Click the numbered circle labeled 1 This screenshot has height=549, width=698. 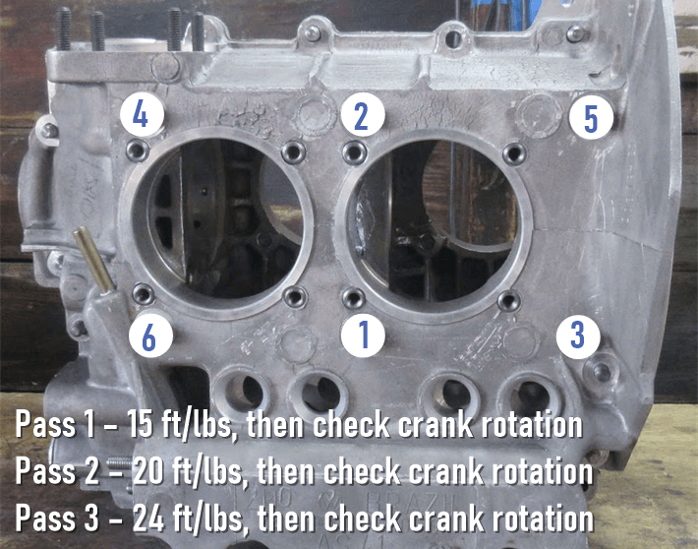[x=362, y=335]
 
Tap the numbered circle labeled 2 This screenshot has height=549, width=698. [x=361, y=116]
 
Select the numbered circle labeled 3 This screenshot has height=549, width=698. [x=577, y=335]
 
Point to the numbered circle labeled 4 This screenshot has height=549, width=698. [x=141, y=115]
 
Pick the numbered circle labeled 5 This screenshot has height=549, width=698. [x=590, y=118]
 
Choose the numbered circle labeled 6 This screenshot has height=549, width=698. [x=148, y=335]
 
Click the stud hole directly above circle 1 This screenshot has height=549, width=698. [x=354, y=297]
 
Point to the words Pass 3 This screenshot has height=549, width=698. [x=62, y=517]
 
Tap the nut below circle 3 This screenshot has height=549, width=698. [x=599, y=371]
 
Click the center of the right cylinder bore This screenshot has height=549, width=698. [x=434, y=221]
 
